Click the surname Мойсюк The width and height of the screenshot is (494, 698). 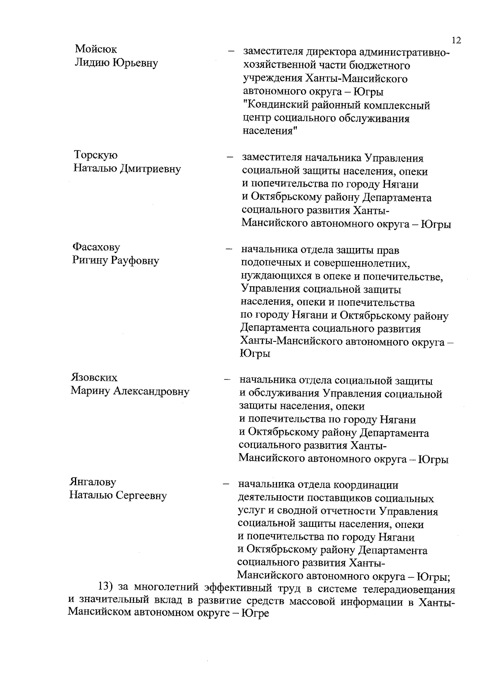(96, 49)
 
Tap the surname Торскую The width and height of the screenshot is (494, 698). (96, 155)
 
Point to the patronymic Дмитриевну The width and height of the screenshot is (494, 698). (150, 169)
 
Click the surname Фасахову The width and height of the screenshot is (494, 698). (96, 247)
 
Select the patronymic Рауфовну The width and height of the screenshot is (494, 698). (134, 261)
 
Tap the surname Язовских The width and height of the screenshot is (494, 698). (94, 377)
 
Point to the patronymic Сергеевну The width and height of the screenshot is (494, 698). (140, 496)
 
